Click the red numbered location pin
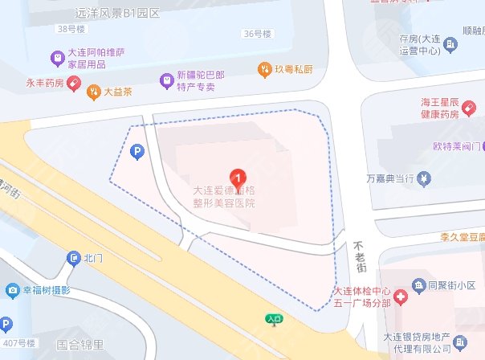pyautogui.click(x=238, y=176)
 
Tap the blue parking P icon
pyautogui.click(x=138, y=150)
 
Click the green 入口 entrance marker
pyautogui.click(x=274, y=319)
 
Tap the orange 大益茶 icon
pyautogui.click(x=93, y=91)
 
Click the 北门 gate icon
pyautogui.click(x=72, y=258)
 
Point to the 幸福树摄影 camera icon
pyautogui.click(x=13, y=289)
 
